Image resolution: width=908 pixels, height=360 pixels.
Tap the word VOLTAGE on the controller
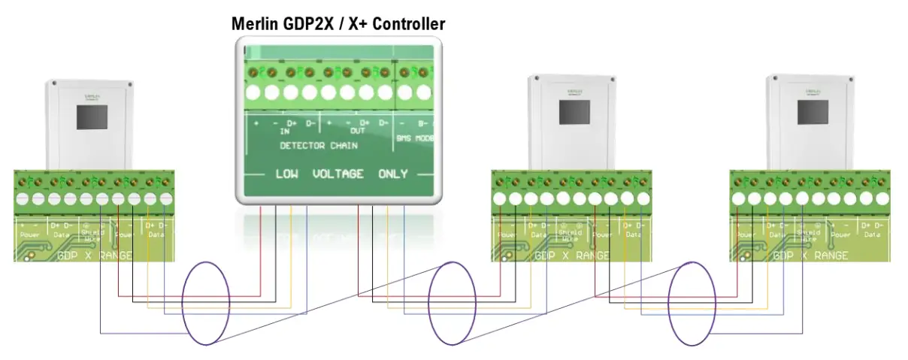(x=337, y=174)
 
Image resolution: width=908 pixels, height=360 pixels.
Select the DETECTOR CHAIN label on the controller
(x=319, y=144)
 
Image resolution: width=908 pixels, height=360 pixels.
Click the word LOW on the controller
(x=286, y=174)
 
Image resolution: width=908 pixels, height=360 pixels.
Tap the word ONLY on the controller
(x=393, y=174)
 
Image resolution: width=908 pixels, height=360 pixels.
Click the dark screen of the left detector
(x=92, y=117)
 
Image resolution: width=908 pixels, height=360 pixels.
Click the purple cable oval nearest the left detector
(x=207, y=303)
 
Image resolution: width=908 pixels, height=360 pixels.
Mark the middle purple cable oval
(x=452, y=303)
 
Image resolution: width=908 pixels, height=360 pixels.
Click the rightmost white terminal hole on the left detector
(x=165, y=199)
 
